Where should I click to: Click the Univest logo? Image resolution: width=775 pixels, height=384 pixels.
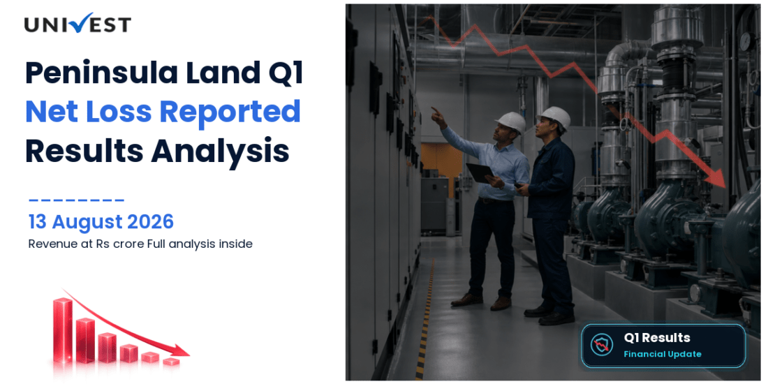[x=77, y=23]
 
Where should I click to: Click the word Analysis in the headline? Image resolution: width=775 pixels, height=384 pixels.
[x=221, y=152]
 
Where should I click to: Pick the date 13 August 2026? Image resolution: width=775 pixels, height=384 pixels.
[x=101, y=222]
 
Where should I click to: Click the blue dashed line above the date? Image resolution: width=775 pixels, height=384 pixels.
[x=76, y=200]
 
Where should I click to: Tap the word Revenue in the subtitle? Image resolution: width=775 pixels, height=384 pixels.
[x=51, y=244]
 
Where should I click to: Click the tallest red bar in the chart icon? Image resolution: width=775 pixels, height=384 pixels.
[x=63, y=330]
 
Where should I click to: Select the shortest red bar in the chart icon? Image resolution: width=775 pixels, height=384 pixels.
[x=172, y=362]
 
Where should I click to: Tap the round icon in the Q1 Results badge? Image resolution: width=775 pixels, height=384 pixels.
[x=602, y=345]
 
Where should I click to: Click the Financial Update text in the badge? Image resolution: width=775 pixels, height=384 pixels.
[x=663, y=354]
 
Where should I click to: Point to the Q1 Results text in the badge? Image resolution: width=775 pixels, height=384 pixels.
[x=657, y=338]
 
